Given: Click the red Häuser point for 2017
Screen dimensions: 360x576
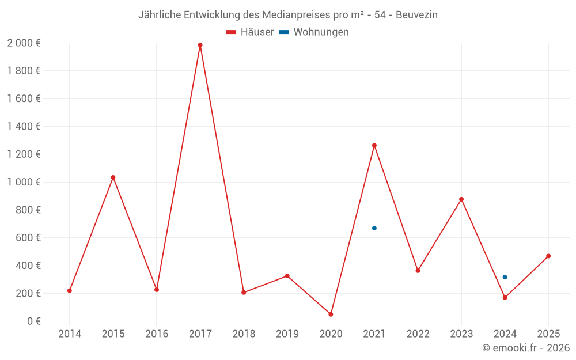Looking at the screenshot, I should (200, 45).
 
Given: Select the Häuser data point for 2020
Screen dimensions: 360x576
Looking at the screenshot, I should (331, 314).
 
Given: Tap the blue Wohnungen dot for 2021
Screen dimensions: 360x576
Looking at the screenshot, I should (374, 228).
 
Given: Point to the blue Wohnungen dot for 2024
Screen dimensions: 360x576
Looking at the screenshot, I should (505, 277).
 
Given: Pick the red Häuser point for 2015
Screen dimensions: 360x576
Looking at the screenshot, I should (113, 177).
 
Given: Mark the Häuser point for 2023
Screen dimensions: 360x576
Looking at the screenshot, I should (461, 199).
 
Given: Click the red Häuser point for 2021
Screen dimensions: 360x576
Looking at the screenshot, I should (374, 146).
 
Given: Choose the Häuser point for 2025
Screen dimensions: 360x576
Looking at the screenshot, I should (548, 256).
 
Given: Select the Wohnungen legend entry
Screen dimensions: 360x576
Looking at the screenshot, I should (314, 32).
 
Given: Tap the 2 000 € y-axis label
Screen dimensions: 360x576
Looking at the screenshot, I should (24, 43).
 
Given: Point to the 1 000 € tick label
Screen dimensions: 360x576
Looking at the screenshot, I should (24, 182).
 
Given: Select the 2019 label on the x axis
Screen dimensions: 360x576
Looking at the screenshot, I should (287, 334).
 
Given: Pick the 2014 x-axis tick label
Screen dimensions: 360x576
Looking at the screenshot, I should (70, 334).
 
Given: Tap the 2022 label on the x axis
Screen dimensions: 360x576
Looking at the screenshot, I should (418, 334).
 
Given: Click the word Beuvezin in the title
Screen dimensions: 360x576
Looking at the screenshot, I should (416, 15).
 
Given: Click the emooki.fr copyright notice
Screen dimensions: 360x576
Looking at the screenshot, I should (525, 348).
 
